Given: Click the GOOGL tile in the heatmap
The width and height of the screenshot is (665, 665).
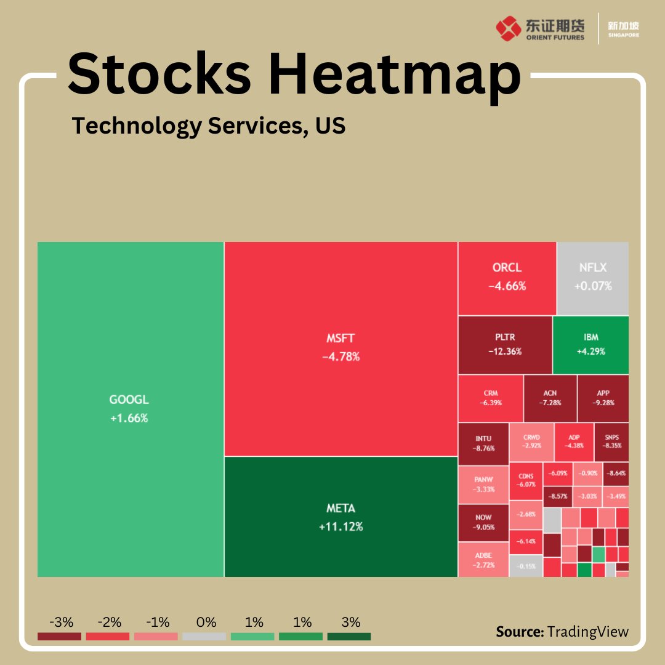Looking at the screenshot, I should pos(130,409).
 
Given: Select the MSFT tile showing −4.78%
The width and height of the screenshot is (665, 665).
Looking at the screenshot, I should pos(341,348).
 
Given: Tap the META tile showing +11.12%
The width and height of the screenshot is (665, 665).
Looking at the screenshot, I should pos(341,517).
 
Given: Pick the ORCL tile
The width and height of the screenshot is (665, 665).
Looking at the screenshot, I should pos(507,277).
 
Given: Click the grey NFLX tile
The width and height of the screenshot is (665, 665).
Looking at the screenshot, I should pos(592,277).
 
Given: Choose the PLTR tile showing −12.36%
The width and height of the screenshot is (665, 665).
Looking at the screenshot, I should pos(505,344).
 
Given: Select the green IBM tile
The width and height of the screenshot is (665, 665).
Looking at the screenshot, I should pos(590,344).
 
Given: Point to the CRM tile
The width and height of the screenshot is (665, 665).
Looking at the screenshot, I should pos(490,398).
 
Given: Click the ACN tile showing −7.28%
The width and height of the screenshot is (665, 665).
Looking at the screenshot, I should pos(550,398).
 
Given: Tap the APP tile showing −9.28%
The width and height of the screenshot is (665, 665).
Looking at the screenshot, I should pos(603,398).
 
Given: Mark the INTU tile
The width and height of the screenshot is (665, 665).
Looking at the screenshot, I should pos(483,443).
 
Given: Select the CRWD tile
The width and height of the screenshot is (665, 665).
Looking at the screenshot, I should pos(531,441).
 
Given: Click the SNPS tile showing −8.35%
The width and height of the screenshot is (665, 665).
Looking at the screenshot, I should pos(611,441).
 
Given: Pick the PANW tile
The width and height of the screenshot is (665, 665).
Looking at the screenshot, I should pos(483,483).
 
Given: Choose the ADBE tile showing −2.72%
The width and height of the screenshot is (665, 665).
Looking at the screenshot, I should pos(483,559).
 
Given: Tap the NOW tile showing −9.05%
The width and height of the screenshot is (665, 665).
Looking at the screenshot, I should pos(483,522).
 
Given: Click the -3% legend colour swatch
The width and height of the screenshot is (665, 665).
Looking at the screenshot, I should pos(59,637).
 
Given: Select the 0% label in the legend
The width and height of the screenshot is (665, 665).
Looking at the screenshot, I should pos(204,623).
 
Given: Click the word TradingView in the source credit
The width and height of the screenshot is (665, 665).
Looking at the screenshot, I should pos(588,632).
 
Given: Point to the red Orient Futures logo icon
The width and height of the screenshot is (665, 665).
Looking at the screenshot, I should pos(508,28).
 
